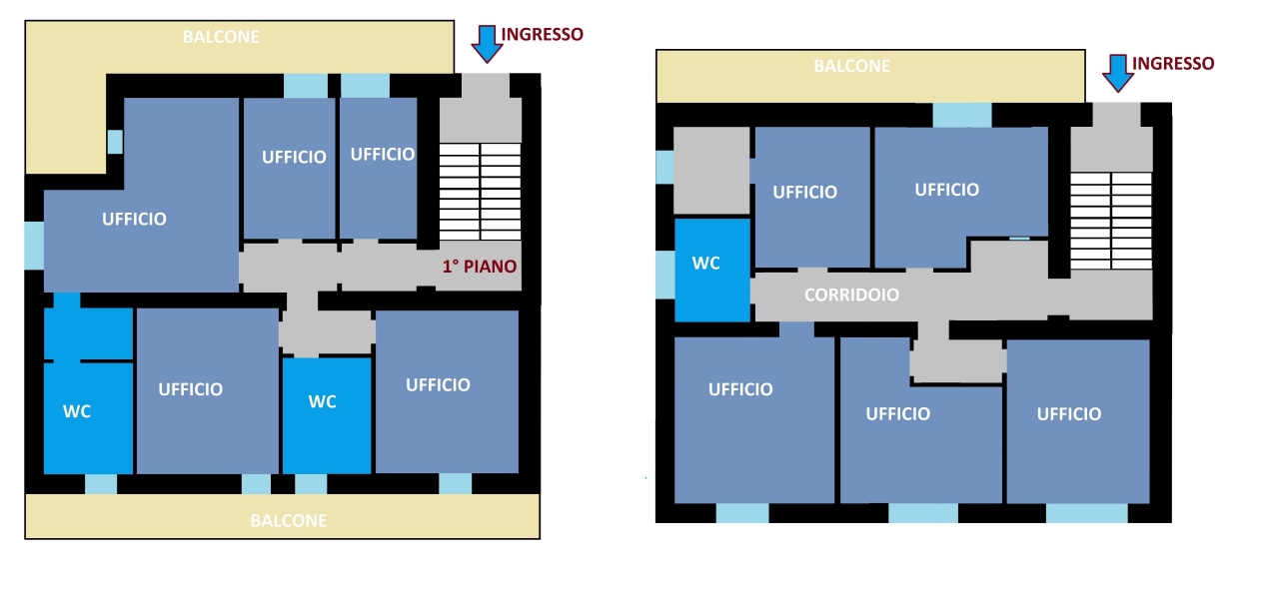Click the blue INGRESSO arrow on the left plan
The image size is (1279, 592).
coord(487,43)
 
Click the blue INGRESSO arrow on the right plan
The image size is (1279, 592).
coord(1118,73)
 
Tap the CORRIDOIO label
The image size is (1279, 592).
coord(851,295)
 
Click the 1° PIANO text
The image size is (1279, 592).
coord(480,267)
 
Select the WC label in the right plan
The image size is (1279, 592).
coord(705,263)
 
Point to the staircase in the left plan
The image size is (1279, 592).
coord(481,192)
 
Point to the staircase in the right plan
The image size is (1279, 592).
coord(1111,221)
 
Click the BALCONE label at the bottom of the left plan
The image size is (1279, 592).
coord(289,521)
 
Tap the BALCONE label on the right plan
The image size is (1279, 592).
coord(851,66)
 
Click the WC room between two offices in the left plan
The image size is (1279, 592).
coord(327,415)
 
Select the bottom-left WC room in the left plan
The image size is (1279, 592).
coord(89,418)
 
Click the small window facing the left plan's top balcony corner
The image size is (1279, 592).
coord(115,142)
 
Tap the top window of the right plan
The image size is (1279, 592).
coord(962,115)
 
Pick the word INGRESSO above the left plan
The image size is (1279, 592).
coord(542,34)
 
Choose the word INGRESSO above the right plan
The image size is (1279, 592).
coord(1173,63)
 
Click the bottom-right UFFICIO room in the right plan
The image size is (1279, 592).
coord(1078,422)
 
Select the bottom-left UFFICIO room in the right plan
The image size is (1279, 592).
coord(754,420)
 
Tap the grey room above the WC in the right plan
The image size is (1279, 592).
coord(711,170)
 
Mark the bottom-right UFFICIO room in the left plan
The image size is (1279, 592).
coord(447,391)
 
